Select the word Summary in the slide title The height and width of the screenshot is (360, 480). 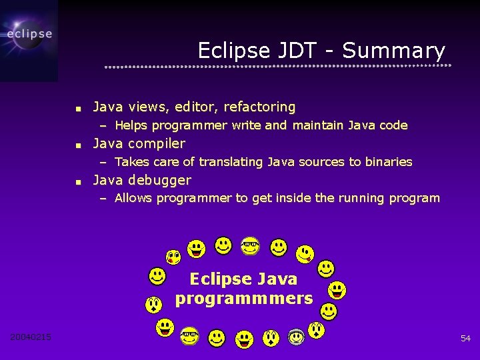click(393, 51)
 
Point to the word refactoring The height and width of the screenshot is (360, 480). click(259, 107)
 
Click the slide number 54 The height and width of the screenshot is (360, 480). click(465, 339)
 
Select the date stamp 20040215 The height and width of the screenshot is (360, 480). click(31, 337)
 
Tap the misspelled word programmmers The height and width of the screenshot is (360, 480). click(244, 299)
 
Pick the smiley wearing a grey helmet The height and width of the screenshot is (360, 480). click(297, 337)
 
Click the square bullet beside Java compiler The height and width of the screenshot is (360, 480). click(78, 145)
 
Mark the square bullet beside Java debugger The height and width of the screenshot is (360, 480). click(78, 181)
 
